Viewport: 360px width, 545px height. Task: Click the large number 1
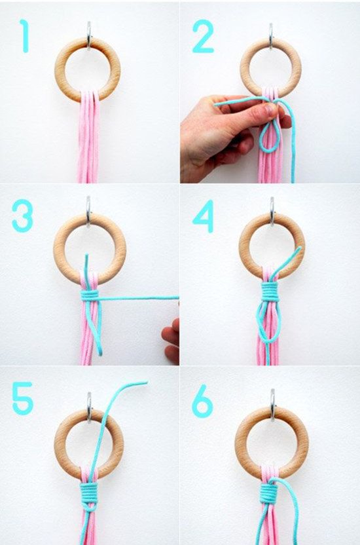coord(24,36)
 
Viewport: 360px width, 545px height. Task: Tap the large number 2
coord(203,36)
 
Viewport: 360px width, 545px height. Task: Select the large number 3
coord(22,216)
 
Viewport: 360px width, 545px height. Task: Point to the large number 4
coord(204,216)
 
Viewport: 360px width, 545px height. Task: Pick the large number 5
coord(22,398)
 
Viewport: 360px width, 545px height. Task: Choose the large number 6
coord(202,401)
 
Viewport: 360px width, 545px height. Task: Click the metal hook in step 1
coord(89,35)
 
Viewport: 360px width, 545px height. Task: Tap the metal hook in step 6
coord(272,405)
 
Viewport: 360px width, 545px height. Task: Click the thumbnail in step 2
coord(270,110)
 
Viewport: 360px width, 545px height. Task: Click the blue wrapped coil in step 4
coord(269,291)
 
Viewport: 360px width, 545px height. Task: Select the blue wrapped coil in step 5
coord(89,493)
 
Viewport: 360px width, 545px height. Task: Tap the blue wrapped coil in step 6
coord(268,493)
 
